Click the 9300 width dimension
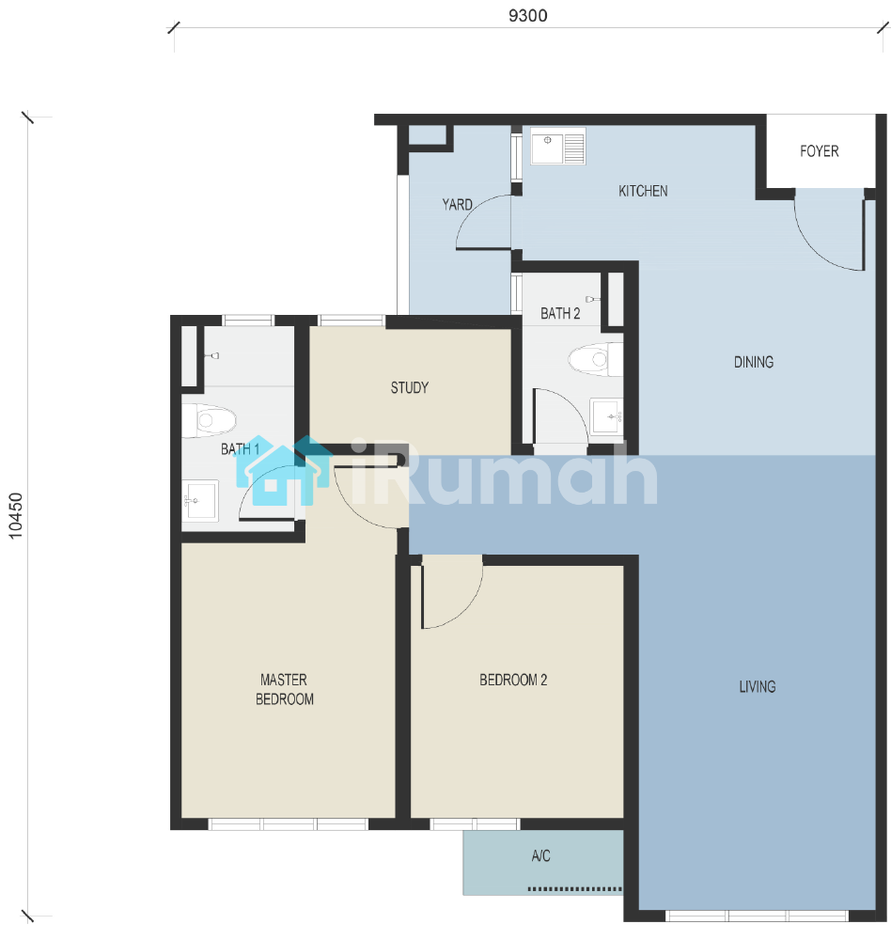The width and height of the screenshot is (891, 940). tap(527, 16)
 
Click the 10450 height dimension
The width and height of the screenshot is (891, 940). tap(16, 515)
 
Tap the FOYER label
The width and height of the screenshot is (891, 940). tap(819, 151)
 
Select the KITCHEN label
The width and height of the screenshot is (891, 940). tap(643, 191)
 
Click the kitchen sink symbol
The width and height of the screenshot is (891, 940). tap(558, 147)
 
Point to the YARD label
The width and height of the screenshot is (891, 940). tap(457, 204)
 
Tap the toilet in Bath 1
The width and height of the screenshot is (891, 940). tap(209, 419)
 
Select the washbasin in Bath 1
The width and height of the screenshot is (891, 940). tap(200, 499)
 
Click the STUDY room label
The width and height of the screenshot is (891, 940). tap(410, 388)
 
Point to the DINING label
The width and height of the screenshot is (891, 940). tap(754, 362)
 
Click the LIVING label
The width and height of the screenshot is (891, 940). tap(758, 687)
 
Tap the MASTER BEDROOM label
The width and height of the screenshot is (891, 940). tap(284, 689)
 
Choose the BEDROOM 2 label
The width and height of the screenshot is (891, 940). tap(513, 680)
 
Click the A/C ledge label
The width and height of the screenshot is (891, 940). tap(540, 856)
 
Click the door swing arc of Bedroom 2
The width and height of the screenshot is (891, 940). tap(465, 607)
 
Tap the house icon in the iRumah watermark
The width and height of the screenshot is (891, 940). tap(282, 471)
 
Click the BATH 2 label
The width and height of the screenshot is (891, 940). tap(560, 314)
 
